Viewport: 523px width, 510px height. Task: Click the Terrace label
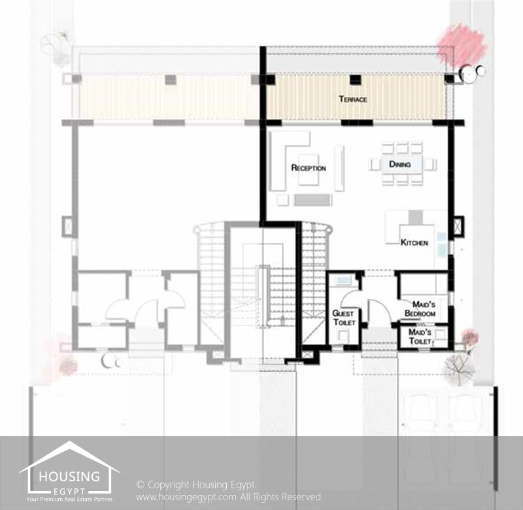(353, 99)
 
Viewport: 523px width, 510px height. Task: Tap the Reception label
(309, 167)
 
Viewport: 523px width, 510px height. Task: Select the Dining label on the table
(399, 164)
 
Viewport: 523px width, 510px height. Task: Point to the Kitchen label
(414, 243)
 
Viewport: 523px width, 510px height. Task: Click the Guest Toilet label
(344, 318)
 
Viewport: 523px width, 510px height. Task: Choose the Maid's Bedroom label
(420, 309)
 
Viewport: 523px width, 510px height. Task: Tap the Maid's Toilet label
(420, 337)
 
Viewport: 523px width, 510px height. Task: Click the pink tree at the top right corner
(462, 44)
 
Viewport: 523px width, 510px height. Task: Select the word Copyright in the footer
(168, 484)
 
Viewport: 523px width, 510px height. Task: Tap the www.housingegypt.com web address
(186, 497)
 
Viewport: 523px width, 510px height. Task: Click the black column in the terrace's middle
(356, 79)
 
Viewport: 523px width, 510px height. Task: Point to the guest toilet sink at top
(343, 280)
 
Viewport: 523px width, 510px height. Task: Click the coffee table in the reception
(308, 169)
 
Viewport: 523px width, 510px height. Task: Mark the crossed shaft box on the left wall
(69, 226)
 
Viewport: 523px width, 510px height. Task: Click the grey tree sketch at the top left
(56, 45)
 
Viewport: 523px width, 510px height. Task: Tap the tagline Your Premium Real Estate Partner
(69, 500)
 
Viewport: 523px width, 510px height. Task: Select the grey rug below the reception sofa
(312, 200)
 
